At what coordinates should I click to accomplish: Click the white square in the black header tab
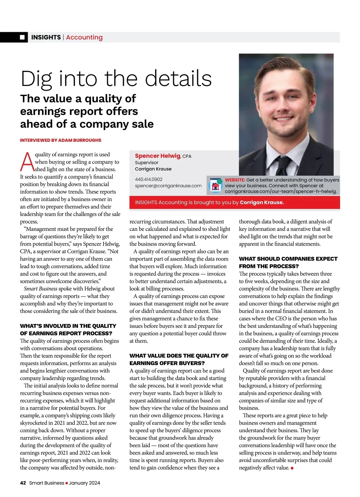(22, 37)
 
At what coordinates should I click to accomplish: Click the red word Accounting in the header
(84, 37)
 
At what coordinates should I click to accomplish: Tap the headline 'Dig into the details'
(116, 79)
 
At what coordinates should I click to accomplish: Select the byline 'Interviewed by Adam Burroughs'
(61, 140)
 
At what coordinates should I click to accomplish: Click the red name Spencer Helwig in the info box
(157, 156)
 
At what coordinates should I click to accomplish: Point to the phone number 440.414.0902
(148, 179)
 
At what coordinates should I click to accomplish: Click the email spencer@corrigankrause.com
(168, 186)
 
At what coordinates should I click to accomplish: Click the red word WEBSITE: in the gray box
(235, 180)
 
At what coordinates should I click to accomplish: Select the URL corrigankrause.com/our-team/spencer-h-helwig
(281, 191)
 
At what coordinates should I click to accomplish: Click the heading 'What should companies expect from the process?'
(288, 262)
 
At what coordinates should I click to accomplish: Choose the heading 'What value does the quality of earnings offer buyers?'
(179, 359)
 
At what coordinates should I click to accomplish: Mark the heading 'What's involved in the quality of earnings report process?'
(68, 330)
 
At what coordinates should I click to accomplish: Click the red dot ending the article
(292, 468)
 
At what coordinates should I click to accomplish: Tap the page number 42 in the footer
(23, 483)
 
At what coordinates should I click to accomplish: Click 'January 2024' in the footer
(84, 483)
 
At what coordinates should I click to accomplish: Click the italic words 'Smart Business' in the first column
(40, 289)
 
